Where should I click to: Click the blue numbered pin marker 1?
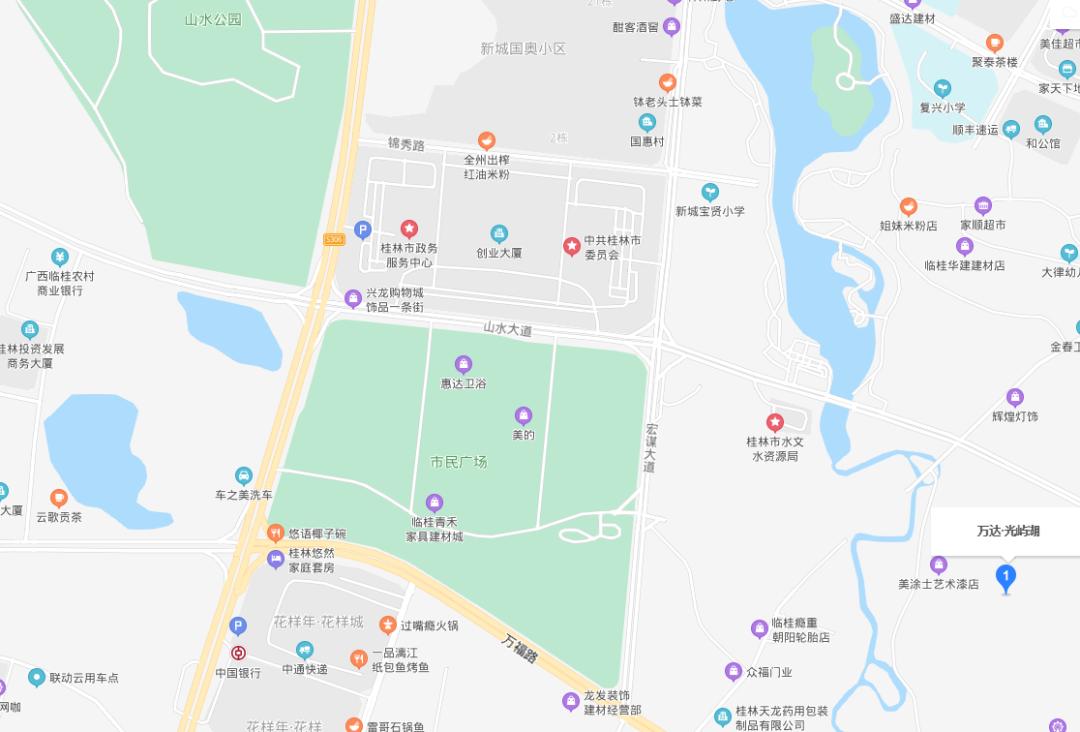pyautogui.click(x=1007, y=577)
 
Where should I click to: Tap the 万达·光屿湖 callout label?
pyautogui.click(x=1008, y=531)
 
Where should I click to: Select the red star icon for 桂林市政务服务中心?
pyautogui.click(x=409, y=229)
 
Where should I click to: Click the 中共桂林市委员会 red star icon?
pyautogui.click(x=572, y=245)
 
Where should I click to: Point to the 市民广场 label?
pyautogui.click(x=459, y=462)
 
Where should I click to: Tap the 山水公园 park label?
pyautogui.click(x=213, y=19)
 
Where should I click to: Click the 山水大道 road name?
pyautogui.click(x=508, y=328)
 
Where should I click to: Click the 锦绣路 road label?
pyautogui.click(x=406, y=145)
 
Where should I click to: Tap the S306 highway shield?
pyautogui.click(x=334, y=239)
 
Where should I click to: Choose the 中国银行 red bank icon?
pyautogui.click(x=238, y=653)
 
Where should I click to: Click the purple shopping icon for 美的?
pyautogui.click(x=523, y=415)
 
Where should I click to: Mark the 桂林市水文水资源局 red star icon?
pyautogui.click(x=774, y=423)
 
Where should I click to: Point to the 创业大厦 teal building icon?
pyautogui.click(x=499, y=234)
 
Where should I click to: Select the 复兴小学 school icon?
pyautogui.click(x=942, y=89)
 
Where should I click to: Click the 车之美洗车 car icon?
pyautogui.click(x=243, y=476)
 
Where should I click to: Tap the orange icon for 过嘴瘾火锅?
pyautogui.click(x=387, y=625)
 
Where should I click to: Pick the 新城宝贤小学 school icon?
pyautogui.click(x=709, y=191)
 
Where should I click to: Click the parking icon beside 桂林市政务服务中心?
pyautogui.click(x=362, y=229)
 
